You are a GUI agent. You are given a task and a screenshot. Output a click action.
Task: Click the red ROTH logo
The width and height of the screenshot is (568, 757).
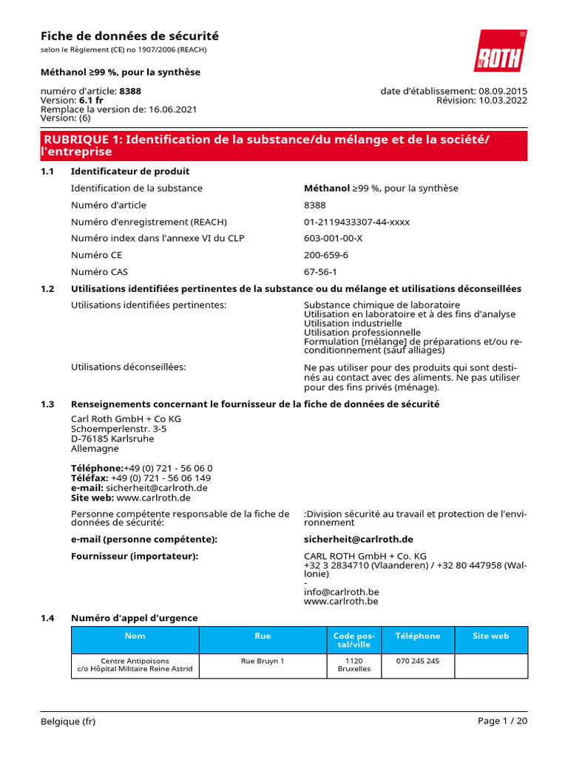click(x=500, y=51)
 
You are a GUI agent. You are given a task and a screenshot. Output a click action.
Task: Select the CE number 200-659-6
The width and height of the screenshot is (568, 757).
click(x=325, y=255)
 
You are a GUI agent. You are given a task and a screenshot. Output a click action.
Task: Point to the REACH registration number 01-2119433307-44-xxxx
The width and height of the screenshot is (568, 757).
click(x=356, y=222)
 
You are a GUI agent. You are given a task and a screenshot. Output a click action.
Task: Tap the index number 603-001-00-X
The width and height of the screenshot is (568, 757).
click(x=333, y=238)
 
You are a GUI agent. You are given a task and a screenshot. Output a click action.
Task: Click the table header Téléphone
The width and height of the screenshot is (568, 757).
click(x=417, y=637)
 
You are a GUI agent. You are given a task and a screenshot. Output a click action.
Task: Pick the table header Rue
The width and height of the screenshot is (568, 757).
click(x=263, y=637)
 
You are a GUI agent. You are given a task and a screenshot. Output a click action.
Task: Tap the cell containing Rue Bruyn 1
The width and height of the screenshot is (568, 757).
click(x=263, y=661)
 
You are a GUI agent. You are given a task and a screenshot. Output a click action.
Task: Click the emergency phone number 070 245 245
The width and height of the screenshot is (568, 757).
click(x=417, y=661)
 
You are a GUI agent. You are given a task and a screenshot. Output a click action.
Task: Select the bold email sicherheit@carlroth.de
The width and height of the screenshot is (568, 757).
click(x=358, y=540)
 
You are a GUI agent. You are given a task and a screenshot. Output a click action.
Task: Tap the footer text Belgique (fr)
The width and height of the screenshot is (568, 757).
click(x=68, y=722)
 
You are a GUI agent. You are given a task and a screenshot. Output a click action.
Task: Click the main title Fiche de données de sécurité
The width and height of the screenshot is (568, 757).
click(x=129, y=36)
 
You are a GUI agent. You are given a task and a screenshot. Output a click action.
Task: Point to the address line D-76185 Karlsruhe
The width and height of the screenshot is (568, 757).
click(x=112, y=438)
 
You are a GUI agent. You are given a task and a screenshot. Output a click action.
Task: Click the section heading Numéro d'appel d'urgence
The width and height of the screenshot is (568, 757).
click(x=134, y=618)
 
